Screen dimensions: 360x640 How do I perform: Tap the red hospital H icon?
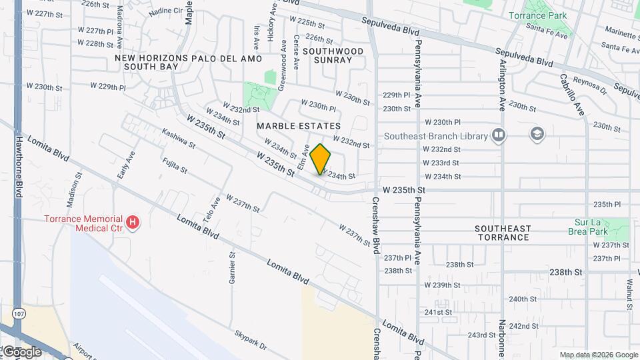click(x=133, y=222)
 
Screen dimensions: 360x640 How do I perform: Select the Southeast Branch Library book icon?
click(x=498, y=136)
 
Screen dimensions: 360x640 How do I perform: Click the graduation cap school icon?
click(x=536, y=135)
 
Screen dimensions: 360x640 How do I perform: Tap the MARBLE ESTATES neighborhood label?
click(x=299, y=126)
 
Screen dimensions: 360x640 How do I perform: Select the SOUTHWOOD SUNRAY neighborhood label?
click(x=333, y=55)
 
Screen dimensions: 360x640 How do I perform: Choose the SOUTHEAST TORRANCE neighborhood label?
click(x=503, y=233)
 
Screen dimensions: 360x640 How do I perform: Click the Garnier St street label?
click(x=232, y=268)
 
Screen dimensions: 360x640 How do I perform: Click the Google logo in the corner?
click(x=21, y=351)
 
